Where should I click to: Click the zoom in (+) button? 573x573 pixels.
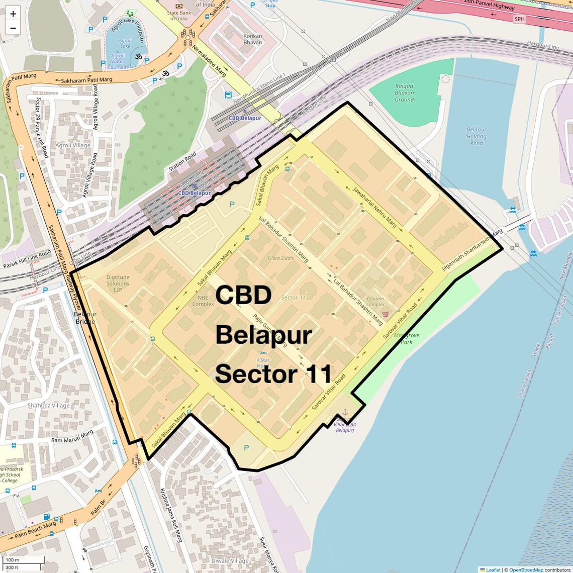[x=13, y=14]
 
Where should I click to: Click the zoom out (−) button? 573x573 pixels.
[x=13, y=28]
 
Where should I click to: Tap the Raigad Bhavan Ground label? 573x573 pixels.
[x=404, y=93]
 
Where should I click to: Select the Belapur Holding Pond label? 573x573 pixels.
[x=476, y=136]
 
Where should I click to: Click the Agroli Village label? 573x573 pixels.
[x=73, y=146]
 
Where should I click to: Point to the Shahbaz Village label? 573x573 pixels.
[x=49, y=406]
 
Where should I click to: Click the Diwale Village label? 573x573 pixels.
[x=230, y=561]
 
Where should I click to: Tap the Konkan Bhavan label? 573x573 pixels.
[x=253, y=39]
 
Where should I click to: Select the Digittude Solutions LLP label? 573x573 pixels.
[x=118, y=283]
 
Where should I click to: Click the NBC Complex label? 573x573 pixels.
[x=203, y=301]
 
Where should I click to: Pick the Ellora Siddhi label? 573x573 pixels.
[x=281, y=258]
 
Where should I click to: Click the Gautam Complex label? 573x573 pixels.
[x=375, y=301]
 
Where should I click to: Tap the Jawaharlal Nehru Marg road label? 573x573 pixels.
[x=374, y=208]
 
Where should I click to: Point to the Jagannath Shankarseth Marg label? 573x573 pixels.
[x=472, y=250]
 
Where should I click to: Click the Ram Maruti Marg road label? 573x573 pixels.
[x=72, y=436]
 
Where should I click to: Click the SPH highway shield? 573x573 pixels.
[x=519, y=19]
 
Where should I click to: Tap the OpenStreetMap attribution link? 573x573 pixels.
[x=526, y=570]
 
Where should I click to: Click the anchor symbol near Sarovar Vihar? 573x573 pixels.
[x=345, y=413]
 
